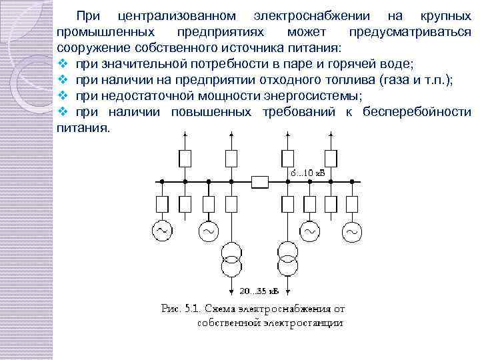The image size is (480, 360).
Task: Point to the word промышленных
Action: pyautogui.click(x=107, y=32)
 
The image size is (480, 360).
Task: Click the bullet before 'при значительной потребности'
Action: pyautogui.click(x=63, y=63)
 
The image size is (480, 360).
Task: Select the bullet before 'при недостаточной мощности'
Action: pyautogui.click(x=63, y=95)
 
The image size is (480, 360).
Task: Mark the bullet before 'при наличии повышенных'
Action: pyautogui.click(x=63, y=111)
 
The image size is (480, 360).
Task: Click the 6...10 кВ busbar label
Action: pyautogui.click(x=307, y=173)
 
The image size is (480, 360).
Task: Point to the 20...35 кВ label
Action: pyautogui.click(x=261, y=291)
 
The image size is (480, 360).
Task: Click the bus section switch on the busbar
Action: pyautogui.click(x=259, y=181)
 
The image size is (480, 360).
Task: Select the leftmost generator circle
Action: pyautogui.click(x=162, y=231)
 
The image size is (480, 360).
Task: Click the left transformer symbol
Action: pyautogui.click(x=231, y=257)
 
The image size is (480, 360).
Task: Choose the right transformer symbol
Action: pyautogui.click(x=287, y=257)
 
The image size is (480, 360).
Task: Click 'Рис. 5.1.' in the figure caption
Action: pyautogui.click(x=182, y=309)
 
